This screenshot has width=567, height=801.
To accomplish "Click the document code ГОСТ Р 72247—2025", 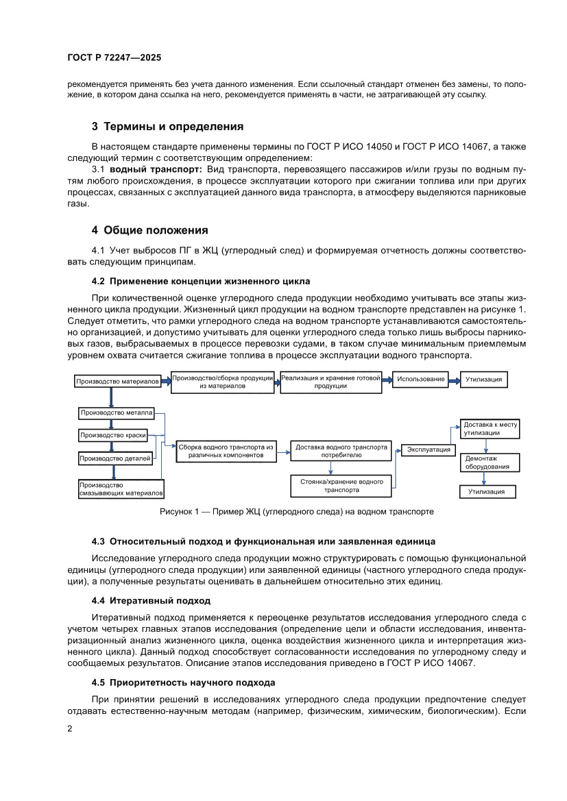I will click(x=114, y=58).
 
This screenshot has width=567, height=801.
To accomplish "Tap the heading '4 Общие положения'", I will click(x=150, y=230).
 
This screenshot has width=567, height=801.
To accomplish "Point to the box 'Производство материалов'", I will click(x=117, y=381).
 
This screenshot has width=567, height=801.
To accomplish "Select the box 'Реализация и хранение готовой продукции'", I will click(x=330, y=382).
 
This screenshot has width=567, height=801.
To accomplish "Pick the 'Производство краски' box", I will click(x=115, y=435).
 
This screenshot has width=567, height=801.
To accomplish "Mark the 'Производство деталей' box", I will click(x=115, y=458).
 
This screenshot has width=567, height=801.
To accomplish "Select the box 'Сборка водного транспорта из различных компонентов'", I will click(x=226, y=451).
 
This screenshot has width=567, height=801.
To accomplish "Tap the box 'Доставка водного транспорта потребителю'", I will click(x=341, y=451).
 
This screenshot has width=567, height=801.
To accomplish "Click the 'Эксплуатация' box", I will click(x=429, y=449).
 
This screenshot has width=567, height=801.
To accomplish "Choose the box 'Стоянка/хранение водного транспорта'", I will click(x=341, y=486).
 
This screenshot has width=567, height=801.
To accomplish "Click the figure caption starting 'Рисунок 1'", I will click(x=297, y=511).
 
